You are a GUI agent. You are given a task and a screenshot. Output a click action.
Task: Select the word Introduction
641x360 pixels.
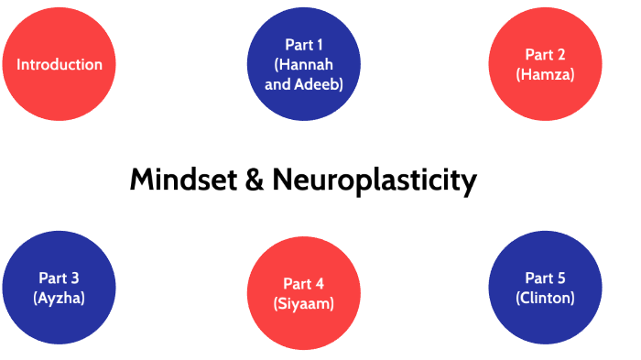pos(60,64)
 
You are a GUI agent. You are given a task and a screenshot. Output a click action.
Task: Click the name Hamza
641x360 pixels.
pos(546,74)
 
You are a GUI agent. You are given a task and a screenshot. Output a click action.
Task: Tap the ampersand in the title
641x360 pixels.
pos(255,180)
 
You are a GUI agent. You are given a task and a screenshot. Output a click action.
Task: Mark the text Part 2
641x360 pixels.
pos(546,55)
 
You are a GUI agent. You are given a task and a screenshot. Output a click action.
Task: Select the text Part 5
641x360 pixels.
pos(545,278)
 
